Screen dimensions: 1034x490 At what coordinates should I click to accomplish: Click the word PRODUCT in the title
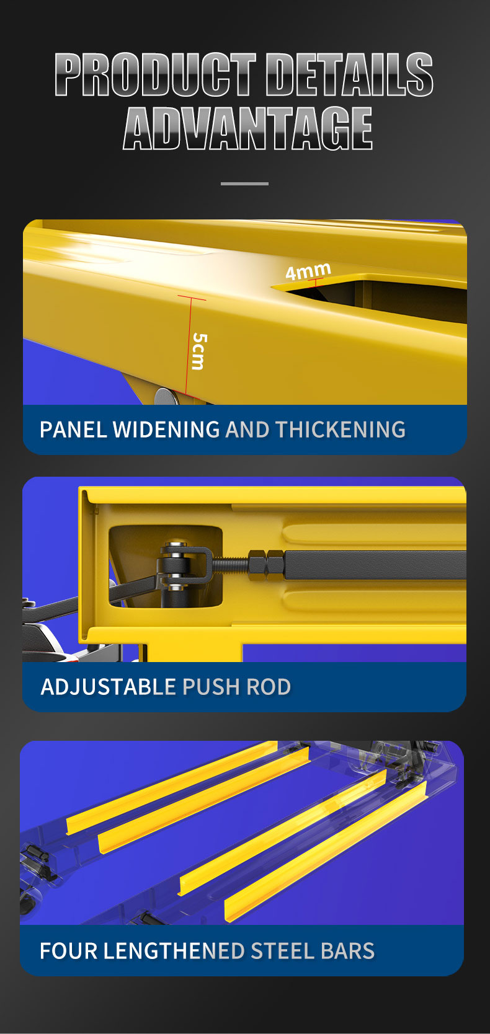(155, 74)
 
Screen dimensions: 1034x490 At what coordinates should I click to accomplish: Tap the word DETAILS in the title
(349, 74)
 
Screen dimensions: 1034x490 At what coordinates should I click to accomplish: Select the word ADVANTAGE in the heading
(247, 128)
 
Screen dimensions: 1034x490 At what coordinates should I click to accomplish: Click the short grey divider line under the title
(244, 183)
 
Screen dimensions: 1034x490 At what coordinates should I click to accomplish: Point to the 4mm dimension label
(308, 271)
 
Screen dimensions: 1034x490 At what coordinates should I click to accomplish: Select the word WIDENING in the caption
(166, 430)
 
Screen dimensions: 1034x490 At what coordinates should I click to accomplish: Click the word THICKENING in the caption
(341, 430)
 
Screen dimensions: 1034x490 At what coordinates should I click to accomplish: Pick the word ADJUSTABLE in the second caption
(109, 687)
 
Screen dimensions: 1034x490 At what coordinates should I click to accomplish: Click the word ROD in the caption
(269, 687)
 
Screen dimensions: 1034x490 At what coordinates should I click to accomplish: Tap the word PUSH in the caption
(211, 687)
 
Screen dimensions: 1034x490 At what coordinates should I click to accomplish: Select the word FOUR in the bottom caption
(68, 951)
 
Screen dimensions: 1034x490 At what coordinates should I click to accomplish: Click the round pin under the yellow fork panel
(166, 395)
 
